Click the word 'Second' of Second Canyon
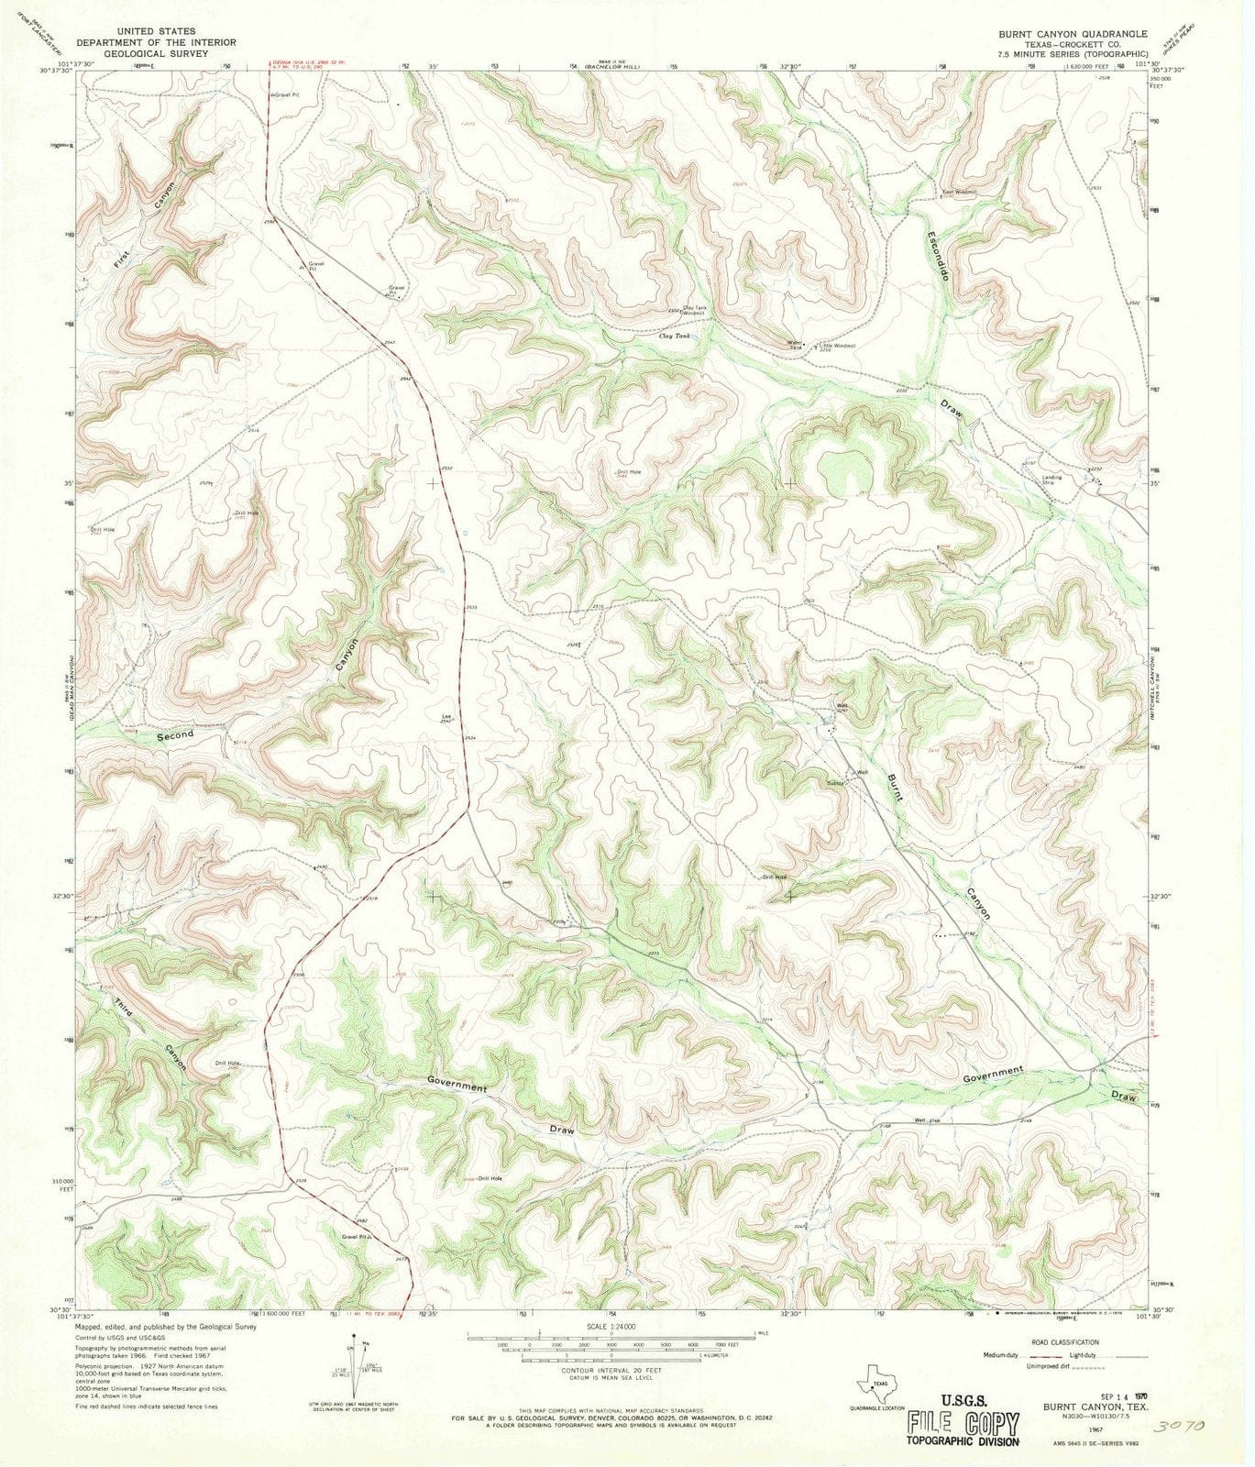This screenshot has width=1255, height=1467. (x=174, y=735)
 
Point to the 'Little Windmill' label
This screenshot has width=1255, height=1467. (x=835, y=346)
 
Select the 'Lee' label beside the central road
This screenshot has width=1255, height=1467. (x=446, y=716)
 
